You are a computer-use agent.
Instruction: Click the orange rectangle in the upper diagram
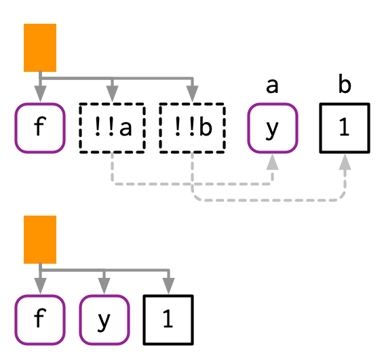[x=40, y=47]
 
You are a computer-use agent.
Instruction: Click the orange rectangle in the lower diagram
[x=40, y=239]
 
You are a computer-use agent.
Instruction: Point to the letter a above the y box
[x=272, y=86]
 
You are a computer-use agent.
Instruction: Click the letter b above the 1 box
[x=345, y=85]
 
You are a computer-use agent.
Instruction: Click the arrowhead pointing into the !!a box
[x=112, y=94]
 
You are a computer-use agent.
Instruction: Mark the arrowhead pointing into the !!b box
[x=192, y=94]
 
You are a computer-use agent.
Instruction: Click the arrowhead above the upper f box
[x=40, y=94]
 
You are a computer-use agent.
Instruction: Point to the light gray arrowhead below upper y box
[x=273, y=162]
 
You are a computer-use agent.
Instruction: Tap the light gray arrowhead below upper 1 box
[x=345, y=162]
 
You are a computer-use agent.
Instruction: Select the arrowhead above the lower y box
[x=104, y=285]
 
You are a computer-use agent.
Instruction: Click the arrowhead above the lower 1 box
[x=168, y=285]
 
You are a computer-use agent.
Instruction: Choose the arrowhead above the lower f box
[x=40, y=285]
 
